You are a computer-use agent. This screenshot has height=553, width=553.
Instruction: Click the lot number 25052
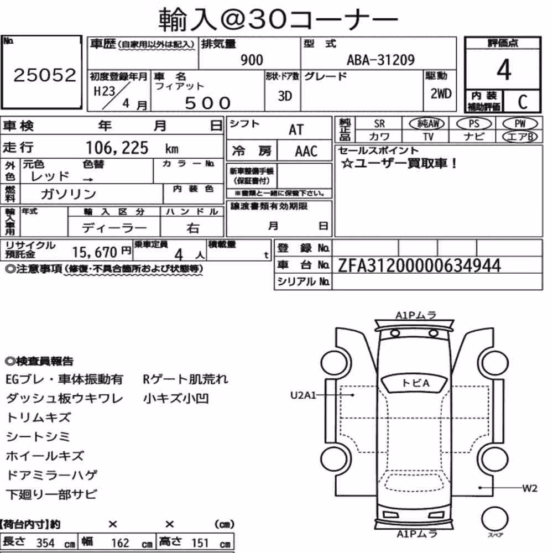coord(45,75)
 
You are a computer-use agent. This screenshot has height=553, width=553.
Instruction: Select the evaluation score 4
coord(504,70)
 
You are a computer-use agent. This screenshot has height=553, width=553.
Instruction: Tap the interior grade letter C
coord(523,102)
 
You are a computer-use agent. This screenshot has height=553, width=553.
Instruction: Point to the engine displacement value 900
coord(252,60)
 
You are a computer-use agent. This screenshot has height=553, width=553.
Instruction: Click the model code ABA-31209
coord(380,60)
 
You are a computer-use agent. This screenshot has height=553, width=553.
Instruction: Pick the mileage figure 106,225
coord(117,148)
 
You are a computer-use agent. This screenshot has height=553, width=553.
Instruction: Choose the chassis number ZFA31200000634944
coord(419,265)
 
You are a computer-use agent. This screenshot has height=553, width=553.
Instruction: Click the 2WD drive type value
coord(441,93)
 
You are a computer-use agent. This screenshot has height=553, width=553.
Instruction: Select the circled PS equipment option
coord(474,124)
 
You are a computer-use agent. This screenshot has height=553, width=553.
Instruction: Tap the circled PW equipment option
coord(520,124)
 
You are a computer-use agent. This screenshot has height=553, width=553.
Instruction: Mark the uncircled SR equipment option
coord(379,124)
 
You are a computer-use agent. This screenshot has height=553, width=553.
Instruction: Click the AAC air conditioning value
coord(306,152)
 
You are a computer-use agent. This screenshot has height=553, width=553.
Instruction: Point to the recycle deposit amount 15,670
coord(95,252)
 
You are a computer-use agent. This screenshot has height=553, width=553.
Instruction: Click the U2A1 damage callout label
coord(303,395)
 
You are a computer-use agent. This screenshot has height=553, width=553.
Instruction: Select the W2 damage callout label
coord(530,488)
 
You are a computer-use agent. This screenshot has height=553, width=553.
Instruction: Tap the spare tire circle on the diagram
coord(495,519)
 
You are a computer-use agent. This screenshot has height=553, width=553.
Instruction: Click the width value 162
coord(120,543)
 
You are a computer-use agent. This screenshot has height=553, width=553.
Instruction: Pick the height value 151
coord(200,543)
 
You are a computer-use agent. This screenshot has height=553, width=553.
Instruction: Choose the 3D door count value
coord(285,96)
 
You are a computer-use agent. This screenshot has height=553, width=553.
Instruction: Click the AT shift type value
coord(296,130)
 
